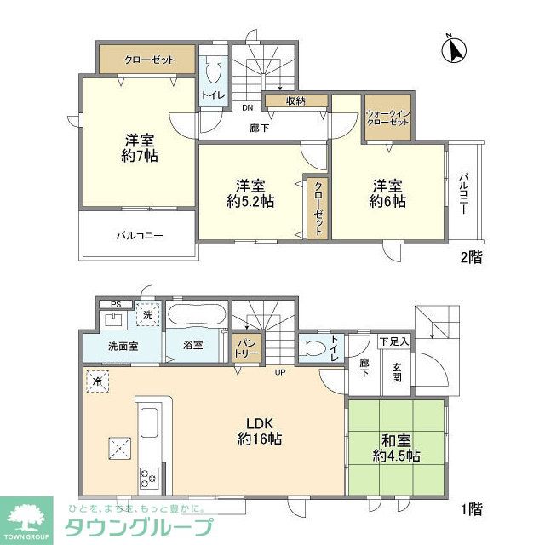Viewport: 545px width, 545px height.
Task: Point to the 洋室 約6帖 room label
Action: click(387, 193)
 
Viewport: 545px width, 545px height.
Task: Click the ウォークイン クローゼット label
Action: click(387, 118)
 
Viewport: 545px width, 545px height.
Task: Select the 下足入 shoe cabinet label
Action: click(394, 341)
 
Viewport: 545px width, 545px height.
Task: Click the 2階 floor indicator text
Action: click(470, 256)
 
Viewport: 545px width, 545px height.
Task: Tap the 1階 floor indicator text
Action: click(470, 509)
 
